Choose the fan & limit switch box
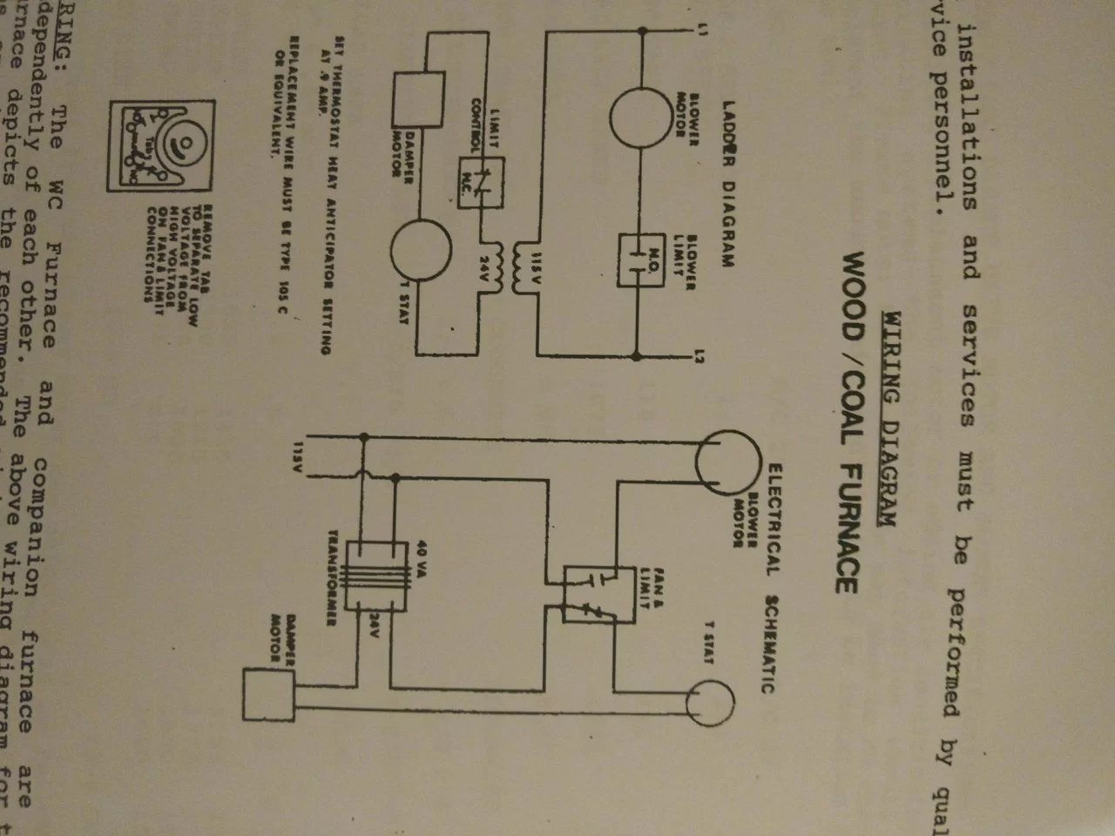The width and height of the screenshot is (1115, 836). point(591,595)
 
